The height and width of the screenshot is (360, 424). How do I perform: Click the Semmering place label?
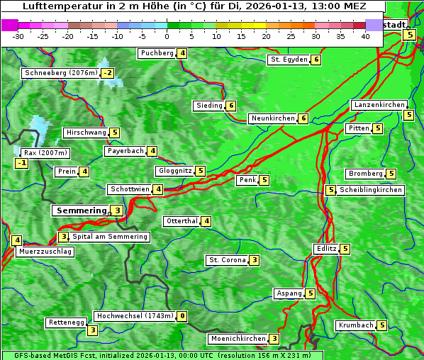pos(80,210)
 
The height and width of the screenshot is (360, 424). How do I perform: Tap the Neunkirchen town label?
pos(273,118)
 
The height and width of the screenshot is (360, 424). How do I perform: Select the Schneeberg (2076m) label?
pos(60,73)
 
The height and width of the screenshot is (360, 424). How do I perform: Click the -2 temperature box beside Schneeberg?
pos(107,73)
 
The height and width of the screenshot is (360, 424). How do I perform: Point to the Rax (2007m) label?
pos(45,152)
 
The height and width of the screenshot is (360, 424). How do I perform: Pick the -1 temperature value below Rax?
pos(22,164)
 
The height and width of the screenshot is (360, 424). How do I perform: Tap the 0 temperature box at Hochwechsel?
pos(182,316)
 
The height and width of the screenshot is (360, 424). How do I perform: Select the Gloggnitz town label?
pos(174,171)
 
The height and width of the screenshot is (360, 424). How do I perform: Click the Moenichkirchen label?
pos(238,339)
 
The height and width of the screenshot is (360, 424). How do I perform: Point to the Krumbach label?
pos(355,325)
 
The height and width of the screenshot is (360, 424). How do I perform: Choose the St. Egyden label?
pos(289,60)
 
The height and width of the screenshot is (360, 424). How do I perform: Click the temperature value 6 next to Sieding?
pos(231,106)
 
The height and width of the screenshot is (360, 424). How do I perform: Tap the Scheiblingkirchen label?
pos(370,190)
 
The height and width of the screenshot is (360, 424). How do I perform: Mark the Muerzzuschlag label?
pos(46,252)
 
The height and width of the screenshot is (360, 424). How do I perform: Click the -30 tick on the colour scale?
pos(18,36)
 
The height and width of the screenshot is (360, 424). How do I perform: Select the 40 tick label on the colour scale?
pos(365,36)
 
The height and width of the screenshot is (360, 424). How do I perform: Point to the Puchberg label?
pos(157,53)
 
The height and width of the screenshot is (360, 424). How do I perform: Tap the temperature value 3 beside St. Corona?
pos(254,260)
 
